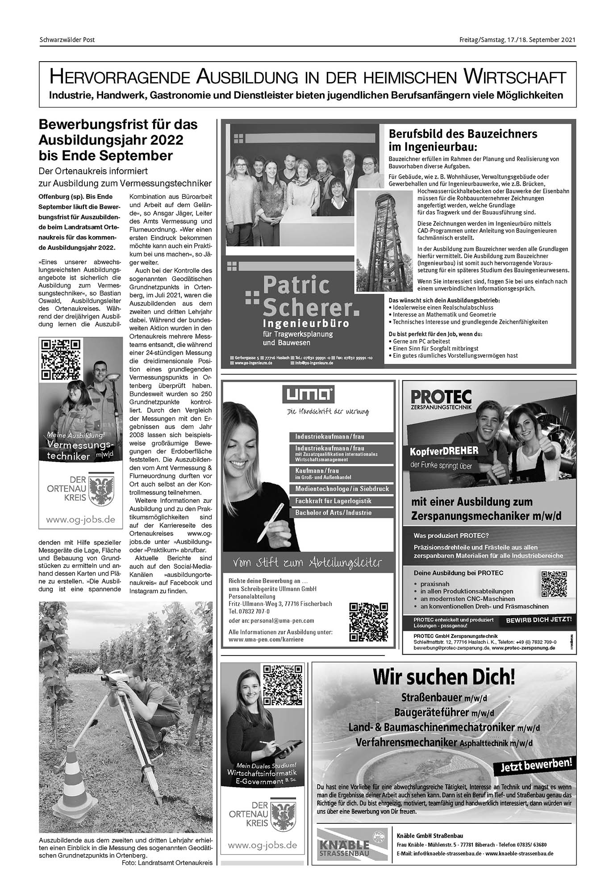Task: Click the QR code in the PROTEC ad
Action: pos(553,584)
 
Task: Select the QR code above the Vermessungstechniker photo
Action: pos(60,359)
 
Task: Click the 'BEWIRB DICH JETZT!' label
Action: pos(538,620)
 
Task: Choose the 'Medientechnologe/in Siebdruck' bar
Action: pos(342,489)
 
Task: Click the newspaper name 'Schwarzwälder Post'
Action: pos(67,40)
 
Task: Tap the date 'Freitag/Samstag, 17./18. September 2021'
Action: pos(517,40)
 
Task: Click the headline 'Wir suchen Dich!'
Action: pos(443,677)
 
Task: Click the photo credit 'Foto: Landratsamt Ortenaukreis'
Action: pos(167,863)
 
